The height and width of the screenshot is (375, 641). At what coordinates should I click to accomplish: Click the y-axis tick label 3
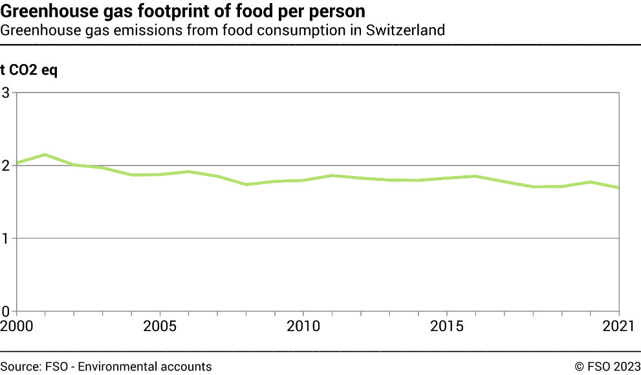coord(6,92)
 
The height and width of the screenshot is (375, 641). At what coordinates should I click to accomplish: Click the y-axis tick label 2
coord(6,166)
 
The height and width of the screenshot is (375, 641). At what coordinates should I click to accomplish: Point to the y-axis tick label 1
coord(6,239)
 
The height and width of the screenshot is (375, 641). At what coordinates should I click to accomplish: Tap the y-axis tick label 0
coord(6,311)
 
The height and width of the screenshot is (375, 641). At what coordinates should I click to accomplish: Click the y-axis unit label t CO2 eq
coord(29,70)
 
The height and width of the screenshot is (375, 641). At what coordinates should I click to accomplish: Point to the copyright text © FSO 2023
coord(607,367)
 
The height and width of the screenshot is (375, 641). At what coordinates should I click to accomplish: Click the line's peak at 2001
coord(44,155)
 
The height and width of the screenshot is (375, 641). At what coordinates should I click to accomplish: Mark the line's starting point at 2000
coord(16,163)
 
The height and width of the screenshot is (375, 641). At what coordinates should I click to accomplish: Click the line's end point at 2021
coord(620,188)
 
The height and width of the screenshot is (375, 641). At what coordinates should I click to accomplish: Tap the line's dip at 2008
coord(246,184)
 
